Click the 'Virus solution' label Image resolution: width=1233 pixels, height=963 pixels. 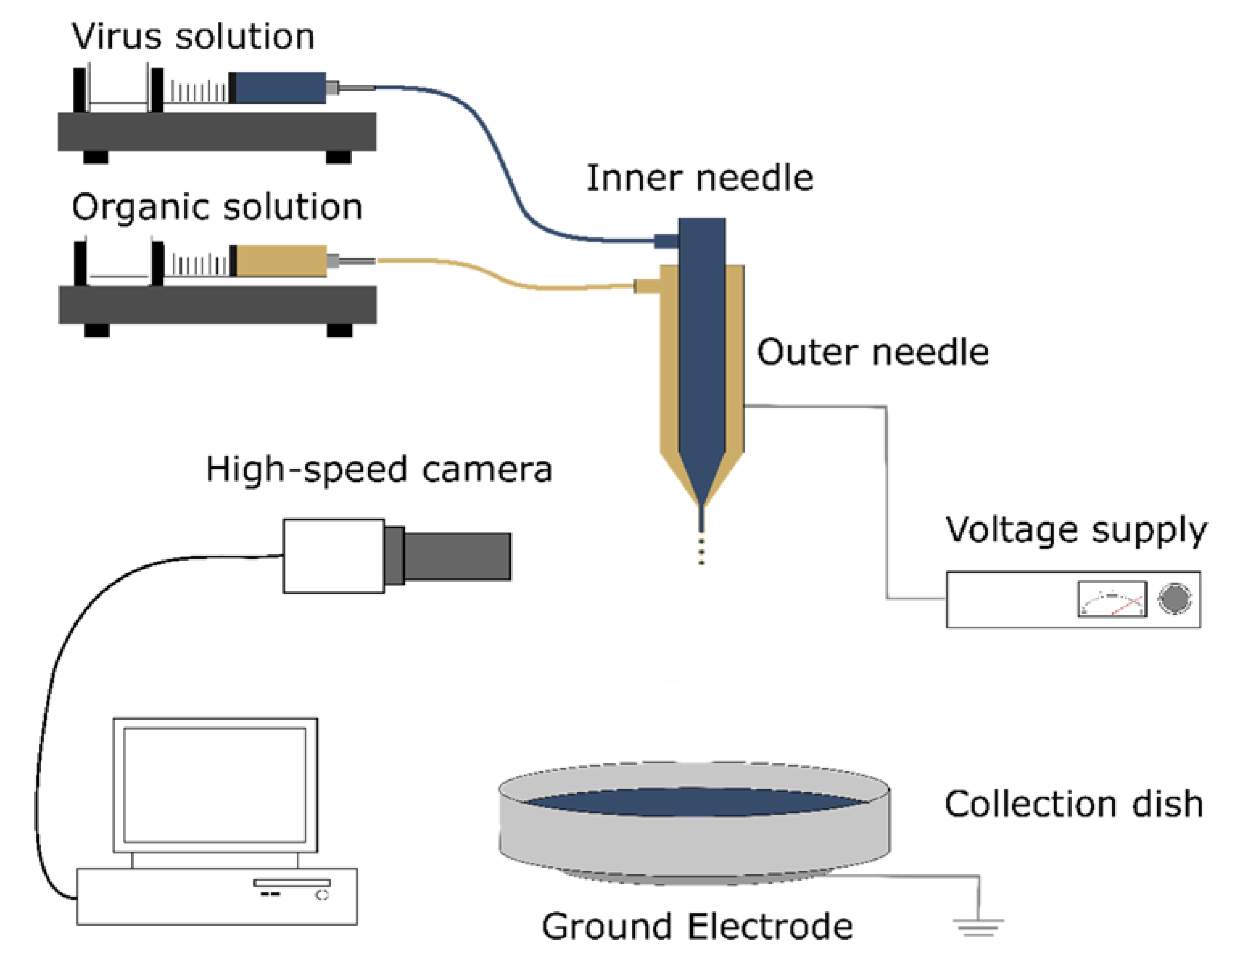[x=192, y=37]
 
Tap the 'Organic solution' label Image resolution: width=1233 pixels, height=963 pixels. [x=217, y=207]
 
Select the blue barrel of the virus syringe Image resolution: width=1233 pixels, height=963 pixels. [x=280, y=88]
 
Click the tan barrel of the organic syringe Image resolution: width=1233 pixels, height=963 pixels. [x=281, y=261]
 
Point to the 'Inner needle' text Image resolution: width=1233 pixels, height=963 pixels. [x=699, y=178]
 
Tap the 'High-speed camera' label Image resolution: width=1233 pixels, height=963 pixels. [x=379, y=469]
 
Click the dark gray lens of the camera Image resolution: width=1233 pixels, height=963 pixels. [x=456, y=556]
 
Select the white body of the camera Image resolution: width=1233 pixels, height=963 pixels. [x=334, y=556]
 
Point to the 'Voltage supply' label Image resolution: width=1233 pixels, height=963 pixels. [x=1076, y=530]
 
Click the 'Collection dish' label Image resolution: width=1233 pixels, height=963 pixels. [x=1074, y=804]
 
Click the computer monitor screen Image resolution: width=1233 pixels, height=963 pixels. [x=215, y=785]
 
